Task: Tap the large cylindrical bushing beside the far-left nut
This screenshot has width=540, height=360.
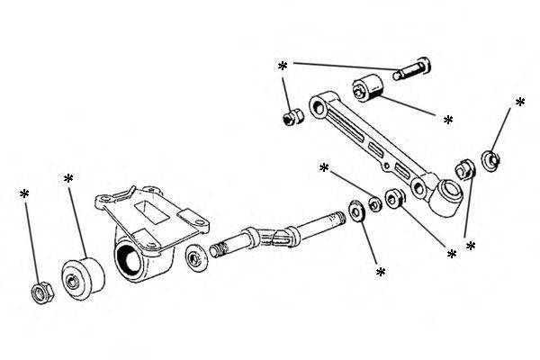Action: pos(83,278)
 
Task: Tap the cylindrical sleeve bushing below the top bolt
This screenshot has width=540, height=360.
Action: pos(368,90)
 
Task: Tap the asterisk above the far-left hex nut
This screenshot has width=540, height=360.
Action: pos(24,193)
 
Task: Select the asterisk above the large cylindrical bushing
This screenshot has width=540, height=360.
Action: pos(68,179)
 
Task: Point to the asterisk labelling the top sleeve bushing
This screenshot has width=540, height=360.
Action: pos(448,120)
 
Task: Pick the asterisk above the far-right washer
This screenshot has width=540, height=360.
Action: pos(519,103)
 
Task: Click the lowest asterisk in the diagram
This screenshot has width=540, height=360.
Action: pos(380,271)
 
